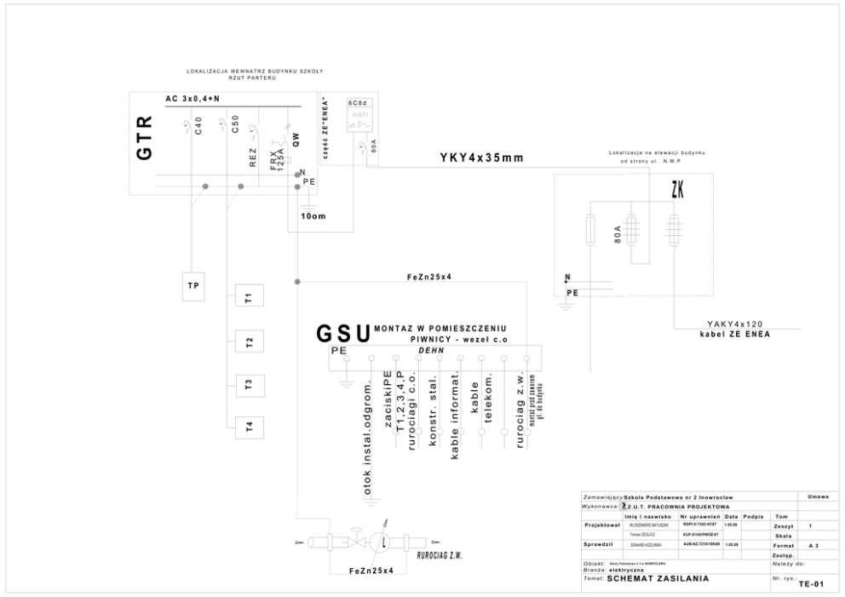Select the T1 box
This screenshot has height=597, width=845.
(249, 298)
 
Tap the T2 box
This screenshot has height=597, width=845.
(249, 342)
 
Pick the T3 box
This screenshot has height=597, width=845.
(249, 384)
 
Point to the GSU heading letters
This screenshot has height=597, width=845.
(343, 333)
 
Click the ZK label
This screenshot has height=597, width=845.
(678, 192)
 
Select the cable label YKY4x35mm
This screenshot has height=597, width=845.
(481, 158)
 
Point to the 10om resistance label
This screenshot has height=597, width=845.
(313, 216)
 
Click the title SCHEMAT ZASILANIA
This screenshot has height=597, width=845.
(657, 579)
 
